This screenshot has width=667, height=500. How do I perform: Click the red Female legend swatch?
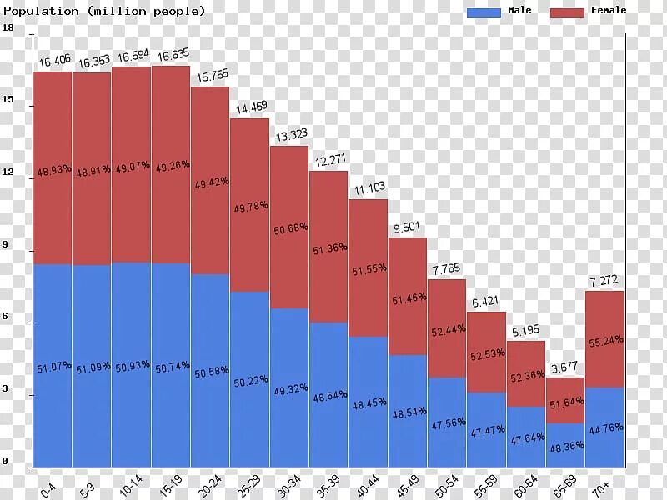pyautogui.click(x=567, y=12)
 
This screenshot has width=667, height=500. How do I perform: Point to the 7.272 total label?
pyautogui.click(x=605, y=282)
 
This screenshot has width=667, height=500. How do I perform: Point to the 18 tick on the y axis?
pyautogui.click(x=8, y=28)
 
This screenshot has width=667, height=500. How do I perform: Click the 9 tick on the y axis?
pyautogui.click(x=6, y=245)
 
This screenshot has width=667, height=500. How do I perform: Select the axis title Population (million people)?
pyautogui.click(x=103, y=11)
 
